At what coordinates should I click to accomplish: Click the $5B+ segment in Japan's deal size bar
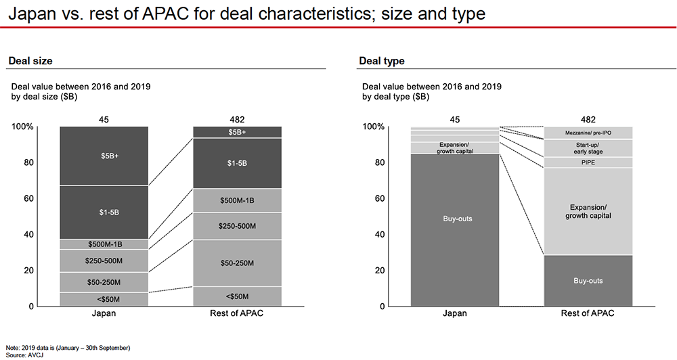[x=104, y=156]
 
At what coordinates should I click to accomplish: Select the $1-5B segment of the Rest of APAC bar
[x=237, y=163]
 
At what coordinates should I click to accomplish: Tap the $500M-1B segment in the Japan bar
[x=104, y=244]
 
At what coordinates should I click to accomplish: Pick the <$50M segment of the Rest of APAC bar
[x=237, y=296]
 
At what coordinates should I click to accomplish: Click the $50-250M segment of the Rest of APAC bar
[x=237, y=263]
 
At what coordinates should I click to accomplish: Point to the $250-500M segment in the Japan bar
[x=104, y=261]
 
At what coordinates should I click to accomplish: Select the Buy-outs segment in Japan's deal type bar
[x=454, y=219]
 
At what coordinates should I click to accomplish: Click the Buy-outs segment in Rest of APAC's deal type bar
[x=588, y=280]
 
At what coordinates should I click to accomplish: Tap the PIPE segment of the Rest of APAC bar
[x=588, y=162]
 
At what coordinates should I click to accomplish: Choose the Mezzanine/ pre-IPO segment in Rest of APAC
[x=588, y=133]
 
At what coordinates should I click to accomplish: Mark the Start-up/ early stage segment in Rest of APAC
[x=588, y=148]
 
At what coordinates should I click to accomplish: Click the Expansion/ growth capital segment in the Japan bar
[x=454, y=148]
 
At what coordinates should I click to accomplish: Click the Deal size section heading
[x=30, y=61]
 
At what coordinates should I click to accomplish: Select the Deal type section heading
[x=382, y=61]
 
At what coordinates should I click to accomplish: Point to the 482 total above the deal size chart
[x=237, y=120]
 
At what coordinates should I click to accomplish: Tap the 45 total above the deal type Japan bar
[x=454, y=120]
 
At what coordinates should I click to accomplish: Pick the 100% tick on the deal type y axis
[x=374, y=127]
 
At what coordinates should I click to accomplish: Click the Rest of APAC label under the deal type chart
[x=588, y=314]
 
